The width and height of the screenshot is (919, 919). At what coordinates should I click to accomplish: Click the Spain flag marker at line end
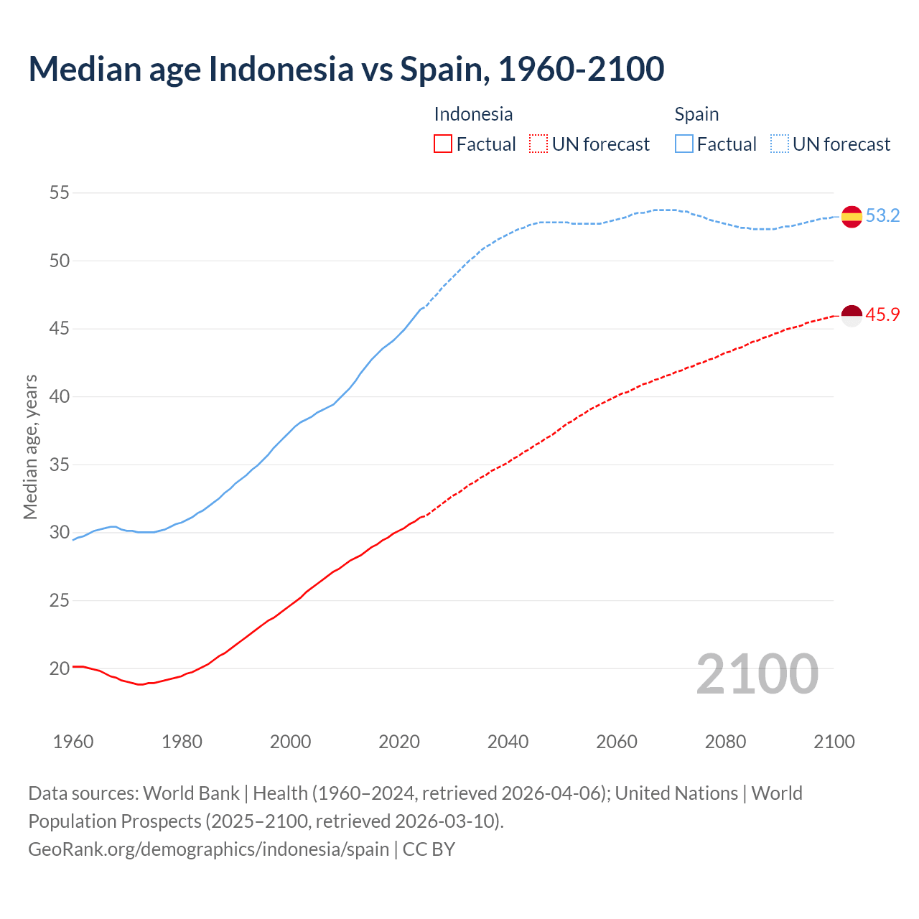tap(852, 216)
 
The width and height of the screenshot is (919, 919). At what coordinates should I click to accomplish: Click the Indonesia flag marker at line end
tap(852, 315)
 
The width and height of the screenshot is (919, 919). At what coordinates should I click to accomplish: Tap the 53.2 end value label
tap(882, 216)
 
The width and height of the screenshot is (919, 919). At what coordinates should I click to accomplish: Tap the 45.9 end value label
tap(882, 315)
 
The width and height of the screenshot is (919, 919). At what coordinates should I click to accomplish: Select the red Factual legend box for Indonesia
tap(443, 144)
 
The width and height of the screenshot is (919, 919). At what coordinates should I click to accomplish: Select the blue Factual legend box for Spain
tap(684, 144)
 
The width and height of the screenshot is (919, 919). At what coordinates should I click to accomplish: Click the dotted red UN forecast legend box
tap(538, 144)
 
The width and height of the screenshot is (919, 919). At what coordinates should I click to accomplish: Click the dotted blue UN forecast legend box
tap(780, 144)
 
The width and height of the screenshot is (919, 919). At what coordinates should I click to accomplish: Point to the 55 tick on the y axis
tap(60, 192)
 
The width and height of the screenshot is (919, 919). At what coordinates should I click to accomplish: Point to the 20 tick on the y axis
tap(60, 668)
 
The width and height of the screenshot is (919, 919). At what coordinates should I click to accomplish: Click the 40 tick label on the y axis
tap(60, 396)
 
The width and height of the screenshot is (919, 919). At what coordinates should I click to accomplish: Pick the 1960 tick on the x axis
tap(73, 742)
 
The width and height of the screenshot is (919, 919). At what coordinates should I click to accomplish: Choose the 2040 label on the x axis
tap(508, 742)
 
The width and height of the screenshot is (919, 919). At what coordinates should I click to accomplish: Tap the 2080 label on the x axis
tap(725, 742)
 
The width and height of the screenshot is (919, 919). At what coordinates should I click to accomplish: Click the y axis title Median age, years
tap(30, 447)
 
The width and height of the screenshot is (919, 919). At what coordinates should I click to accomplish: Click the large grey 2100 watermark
tap(757, 674)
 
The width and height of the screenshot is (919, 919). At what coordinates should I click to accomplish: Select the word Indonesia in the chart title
tap(281, 69)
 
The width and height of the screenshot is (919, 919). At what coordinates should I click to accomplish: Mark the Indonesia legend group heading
tap(473, 114)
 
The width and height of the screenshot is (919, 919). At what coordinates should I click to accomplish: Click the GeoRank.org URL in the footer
tap(208, 849)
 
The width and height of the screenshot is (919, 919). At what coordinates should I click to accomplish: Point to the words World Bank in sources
tap(191, 793)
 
